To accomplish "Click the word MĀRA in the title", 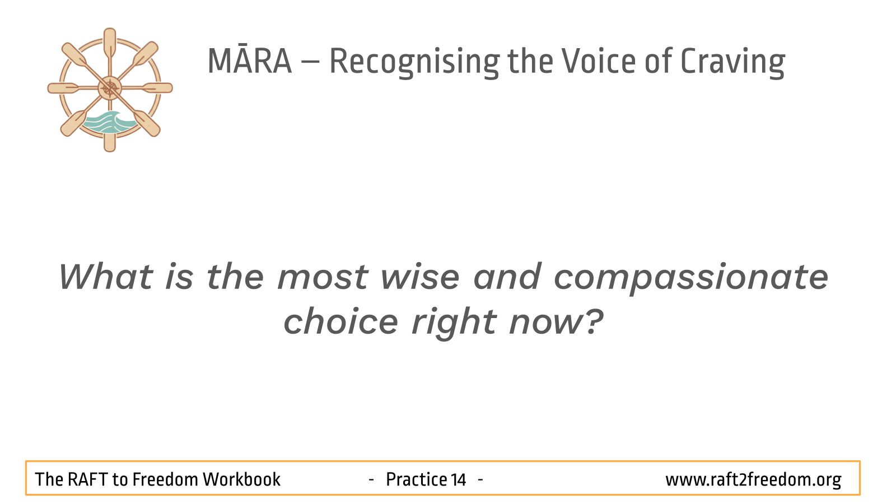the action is pyautogui.click(x=250, y=61).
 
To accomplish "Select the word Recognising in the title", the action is pyautogui.click(x=414, y=62).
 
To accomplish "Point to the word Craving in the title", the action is pyautogui.click(x=733, y=62).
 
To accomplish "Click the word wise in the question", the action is pyautogui.click(x=419, y=277).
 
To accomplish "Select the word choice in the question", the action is pyautogui.click(x=341, y=321).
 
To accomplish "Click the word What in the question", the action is pyautogui.click(x=106, y=276).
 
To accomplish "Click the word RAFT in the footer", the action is pyautogui.click(x=87, y=479).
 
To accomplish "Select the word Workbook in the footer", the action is pyautogui.click(x=241, y=479).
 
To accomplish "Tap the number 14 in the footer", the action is pyautogui.click(x=459, y=479).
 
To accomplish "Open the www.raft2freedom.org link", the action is pyautogui.click(x=753, y=480).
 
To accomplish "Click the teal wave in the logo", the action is pyautogui.click(x=109, y=122).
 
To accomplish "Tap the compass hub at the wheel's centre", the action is pyautogui.click(x=110, y=88).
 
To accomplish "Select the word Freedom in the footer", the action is pyautogui.click(x=165, y=479).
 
